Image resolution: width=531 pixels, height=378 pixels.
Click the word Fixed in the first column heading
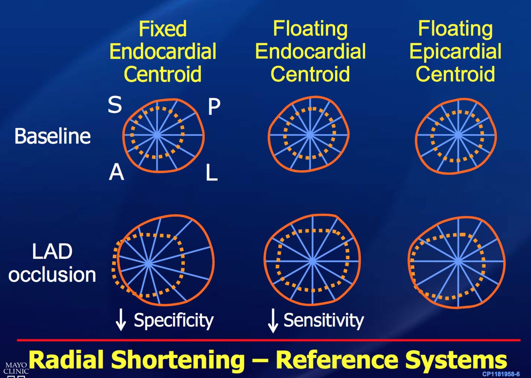coord(163,29)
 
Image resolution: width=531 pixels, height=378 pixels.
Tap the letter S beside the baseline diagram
coord(115,105)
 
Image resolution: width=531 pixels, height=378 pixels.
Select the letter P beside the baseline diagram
coord(214,107)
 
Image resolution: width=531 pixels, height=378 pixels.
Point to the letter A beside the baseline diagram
coord(116,172)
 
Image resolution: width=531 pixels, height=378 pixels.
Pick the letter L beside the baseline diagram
coord(211,173)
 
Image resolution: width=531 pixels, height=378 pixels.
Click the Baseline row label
coord(53,136)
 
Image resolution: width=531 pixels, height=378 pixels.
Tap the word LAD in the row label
coord(52,252)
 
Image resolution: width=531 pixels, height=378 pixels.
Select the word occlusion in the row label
coord(52,275)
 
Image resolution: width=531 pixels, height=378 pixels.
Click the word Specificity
coord(174,320)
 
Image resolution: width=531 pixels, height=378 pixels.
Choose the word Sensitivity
coord(323,320)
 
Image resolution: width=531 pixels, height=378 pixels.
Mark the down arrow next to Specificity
coord(121,320)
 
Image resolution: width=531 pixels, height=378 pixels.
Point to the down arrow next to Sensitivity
coord(273,320)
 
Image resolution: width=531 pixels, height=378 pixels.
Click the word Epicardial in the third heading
coord(455,52)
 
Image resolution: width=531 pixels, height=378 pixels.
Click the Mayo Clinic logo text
coord(16,368)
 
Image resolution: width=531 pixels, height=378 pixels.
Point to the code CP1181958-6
coord(501,374)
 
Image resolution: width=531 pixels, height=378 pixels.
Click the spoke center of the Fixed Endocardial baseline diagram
coord(157,135)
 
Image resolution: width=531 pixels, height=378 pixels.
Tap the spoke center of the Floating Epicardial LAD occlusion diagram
coord(458,261)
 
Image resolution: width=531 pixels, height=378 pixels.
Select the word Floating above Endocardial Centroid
coord(310,29)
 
